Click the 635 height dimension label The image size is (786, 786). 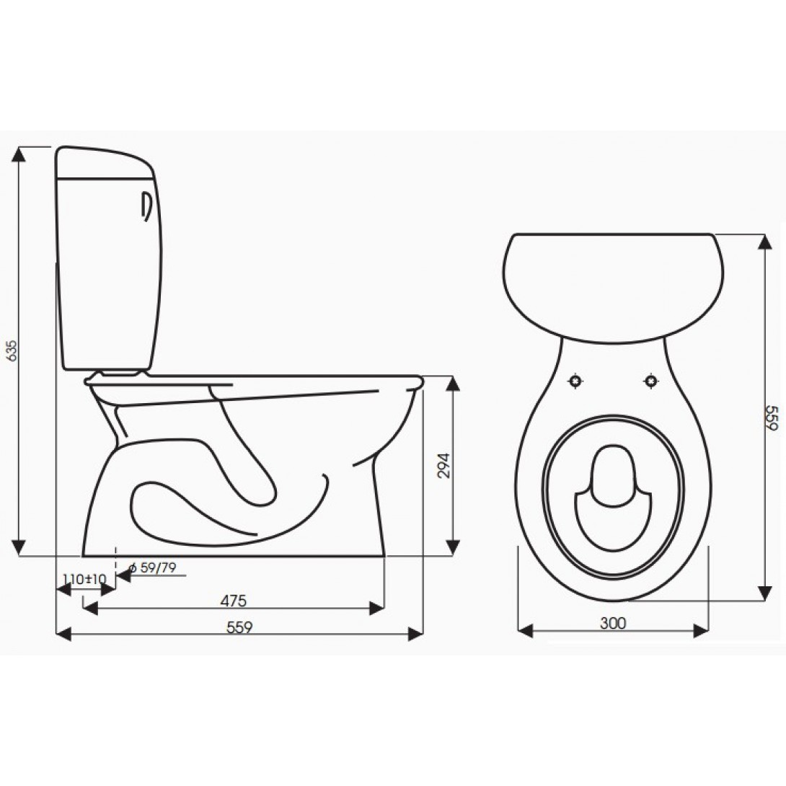point(12,350)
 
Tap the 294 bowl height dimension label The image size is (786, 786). point(444,466)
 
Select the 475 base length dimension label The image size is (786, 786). point(234,601)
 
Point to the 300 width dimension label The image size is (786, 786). point(613,623)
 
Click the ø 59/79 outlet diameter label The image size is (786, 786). point(152,568)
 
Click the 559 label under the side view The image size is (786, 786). point(239,627)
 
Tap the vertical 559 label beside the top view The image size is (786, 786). point(772,418)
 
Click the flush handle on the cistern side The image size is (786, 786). point(146,206)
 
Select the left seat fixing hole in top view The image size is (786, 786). point(575,381)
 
